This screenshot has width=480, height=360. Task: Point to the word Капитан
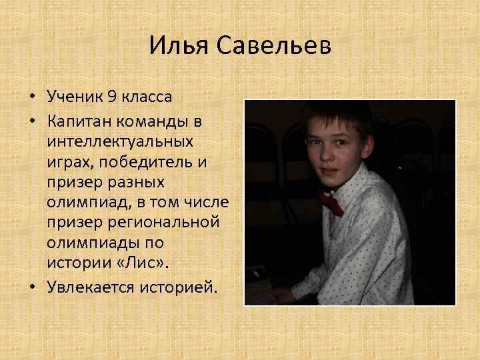(x=81, y=123)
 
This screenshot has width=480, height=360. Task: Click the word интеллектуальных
(x=120, y=142)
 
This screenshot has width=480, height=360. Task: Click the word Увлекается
(x=92, y=287)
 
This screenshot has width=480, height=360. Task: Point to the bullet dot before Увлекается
(x=32, y=288)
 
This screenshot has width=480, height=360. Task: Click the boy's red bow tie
(x=331, y=203)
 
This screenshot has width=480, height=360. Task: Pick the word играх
(x=66, y=162)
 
